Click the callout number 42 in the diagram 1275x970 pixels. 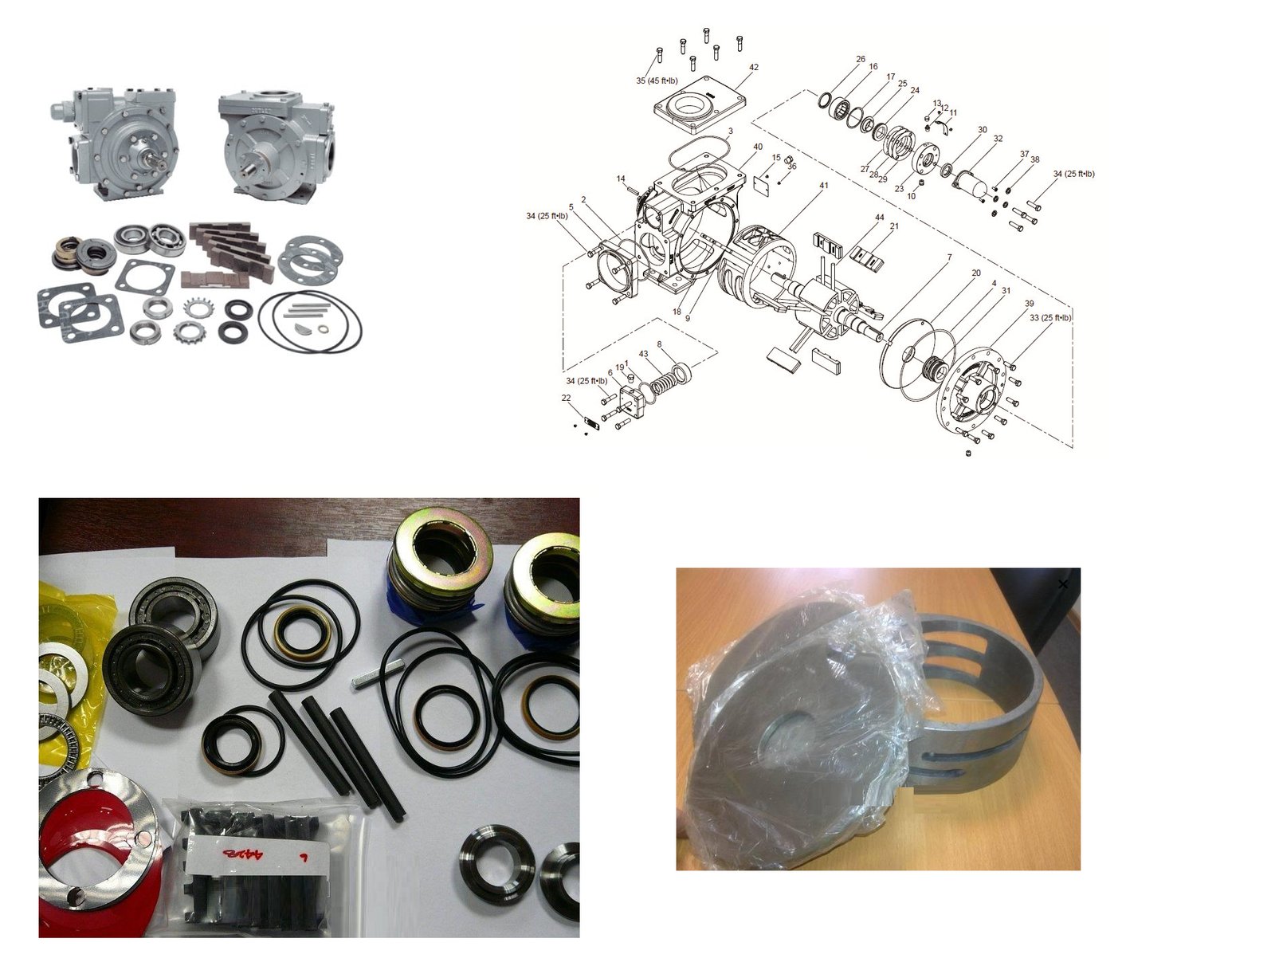click(753, 67)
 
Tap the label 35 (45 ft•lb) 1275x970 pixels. click(657, 81)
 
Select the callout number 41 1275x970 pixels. click(823, 186)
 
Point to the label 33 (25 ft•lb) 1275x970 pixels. click(1049, 317)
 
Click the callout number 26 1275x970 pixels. click(861, 59)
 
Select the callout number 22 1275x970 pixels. click(566, 398)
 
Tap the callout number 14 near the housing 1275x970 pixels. click(621, 179)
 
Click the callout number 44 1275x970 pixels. click(879, 217)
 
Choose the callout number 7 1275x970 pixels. click(949, 257)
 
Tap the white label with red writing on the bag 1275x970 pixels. click(259, 854)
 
